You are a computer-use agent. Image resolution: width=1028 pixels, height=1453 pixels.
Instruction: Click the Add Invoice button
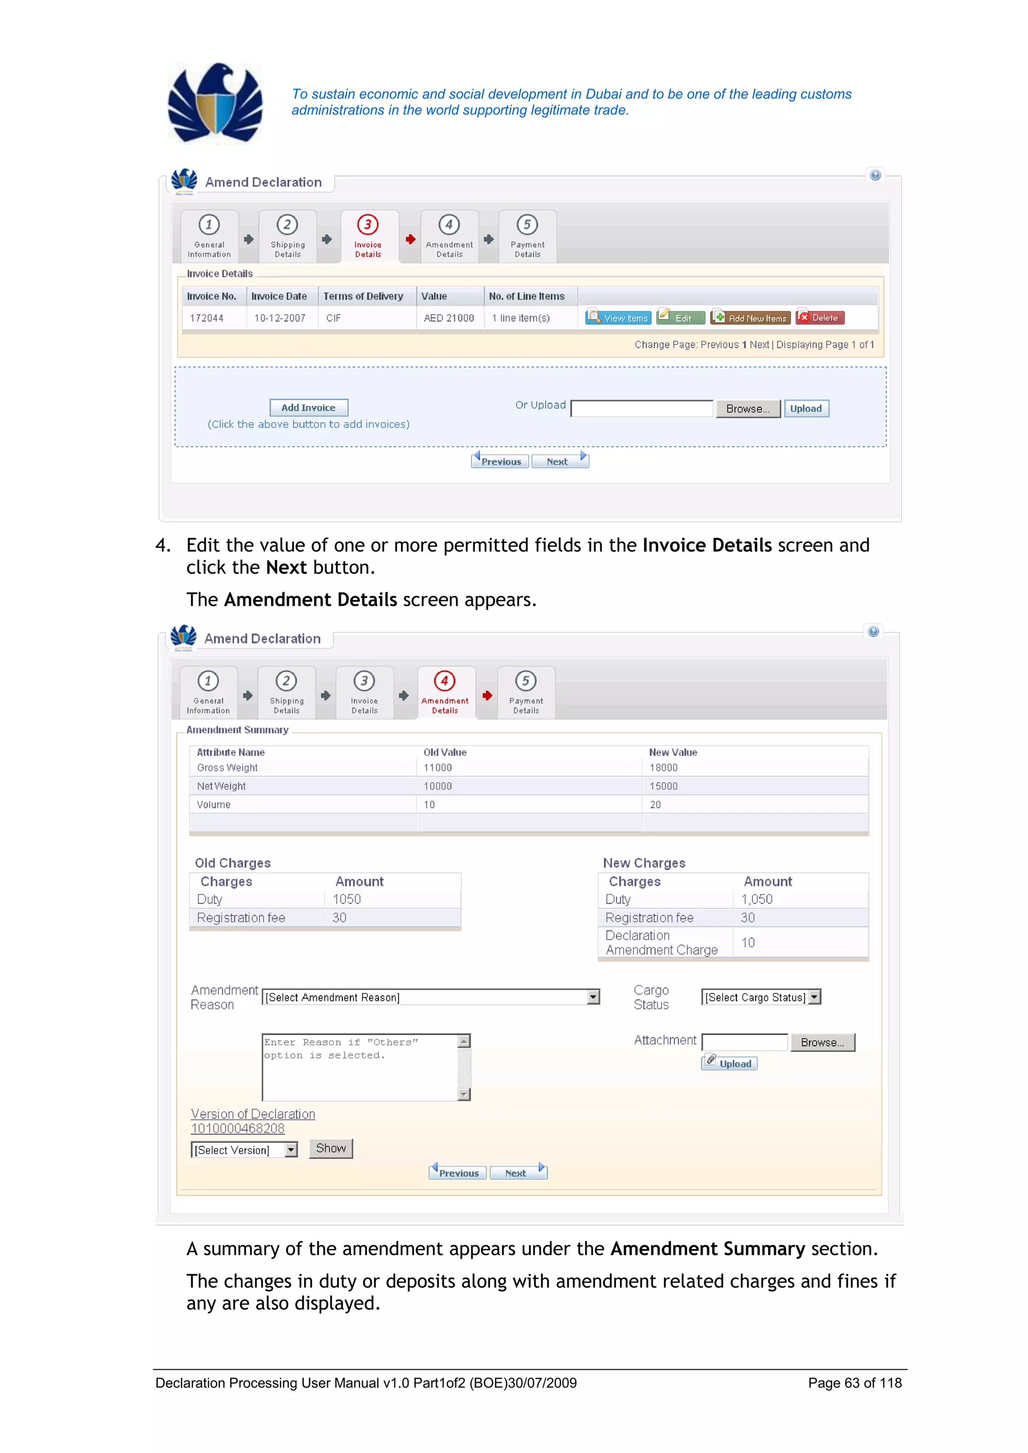coord(308,408)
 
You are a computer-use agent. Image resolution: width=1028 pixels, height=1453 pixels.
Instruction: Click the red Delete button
coord(820,318)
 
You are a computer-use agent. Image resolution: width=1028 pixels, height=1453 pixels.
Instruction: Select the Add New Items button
coord(751,318)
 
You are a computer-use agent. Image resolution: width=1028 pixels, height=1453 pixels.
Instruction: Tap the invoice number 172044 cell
coord(207,318)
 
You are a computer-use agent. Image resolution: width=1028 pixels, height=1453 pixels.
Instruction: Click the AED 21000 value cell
coord(449,318)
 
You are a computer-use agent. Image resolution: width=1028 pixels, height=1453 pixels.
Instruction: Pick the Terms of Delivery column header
coord(363,296)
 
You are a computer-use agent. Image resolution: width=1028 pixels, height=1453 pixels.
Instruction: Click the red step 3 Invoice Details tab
coord(368,236)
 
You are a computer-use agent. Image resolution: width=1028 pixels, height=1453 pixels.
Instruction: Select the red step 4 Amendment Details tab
coord(445,692)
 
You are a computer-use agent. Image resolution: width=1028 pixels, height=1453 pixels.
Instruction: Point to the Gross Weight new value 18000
coord(664,767)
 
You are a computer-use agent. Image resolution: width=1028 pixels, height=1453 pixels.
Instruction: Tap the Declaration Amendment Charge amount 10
coord(748,943)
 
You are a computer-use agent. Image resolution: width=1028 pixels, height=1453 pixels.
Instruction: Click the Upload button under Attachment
coord(730,1064)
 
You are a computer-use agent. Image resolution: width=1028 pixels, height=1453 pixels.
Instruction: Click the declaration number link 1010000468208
coord(238,1128)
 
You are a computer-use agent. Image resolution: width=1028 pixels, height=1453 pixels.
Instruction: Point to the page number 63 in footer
coord(852,1383)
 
